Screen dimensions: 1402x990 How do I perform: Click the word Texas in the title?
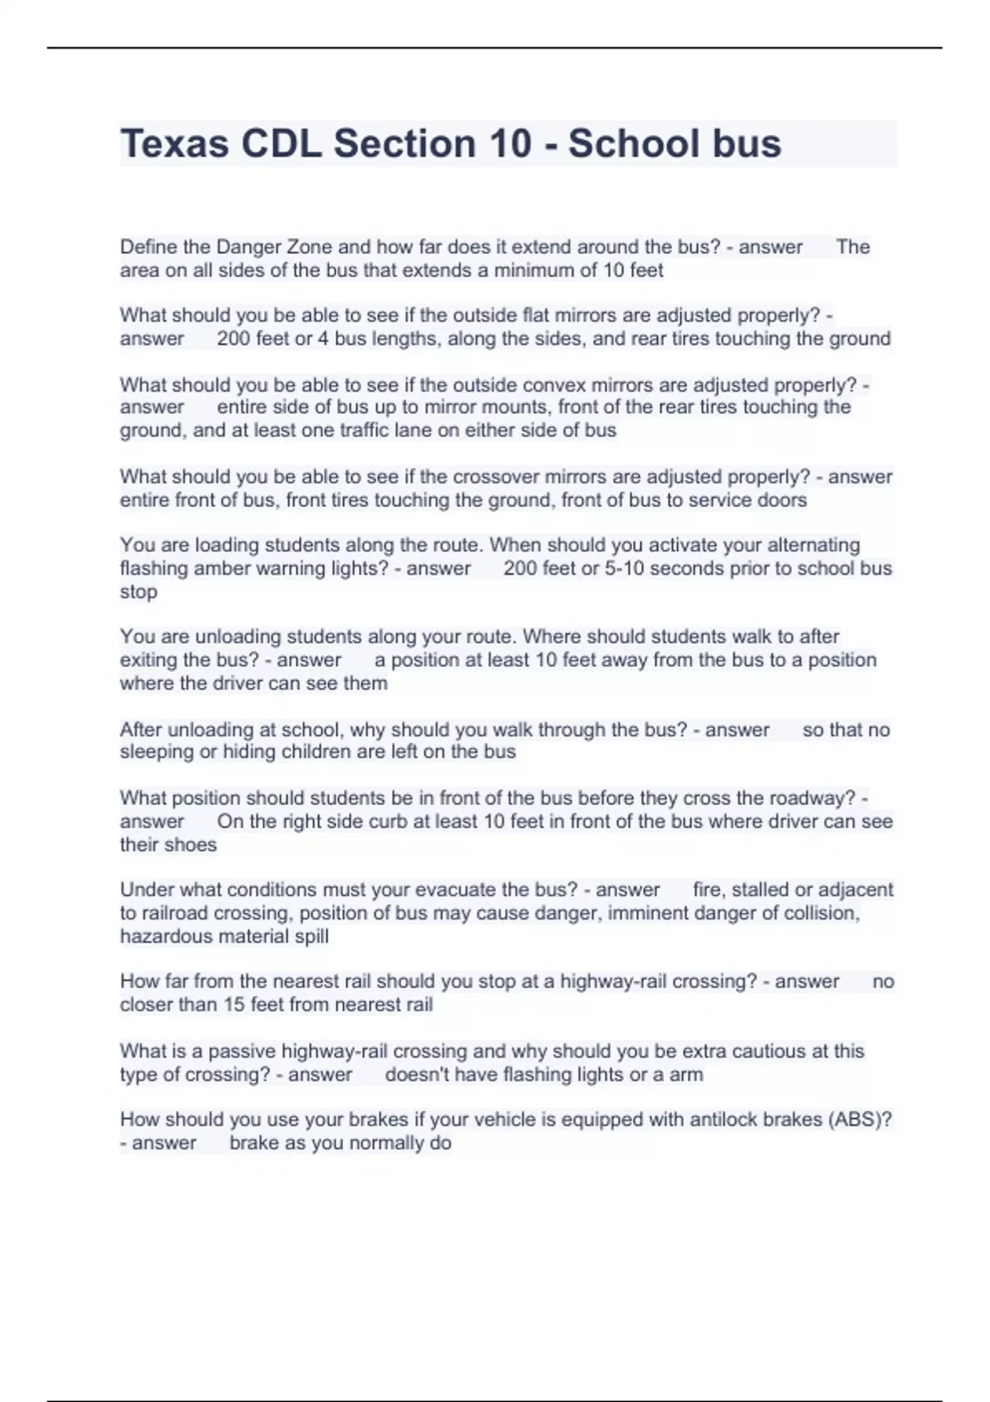click(x=174, y=143)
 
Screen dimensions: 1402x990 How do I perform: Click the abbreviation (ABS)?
click(x=859, y=1119)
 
